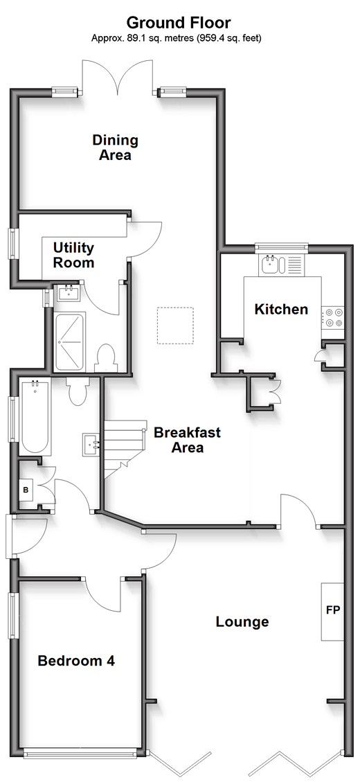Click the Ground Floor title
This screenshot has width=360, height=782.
[x=178, y=22]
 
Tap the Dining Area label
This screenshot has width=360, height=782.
[x=115, y=147]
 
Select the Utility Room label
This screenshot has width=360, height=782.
[x=74, y=255]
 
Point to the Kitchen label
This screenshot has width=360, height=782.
[x=281, y=309]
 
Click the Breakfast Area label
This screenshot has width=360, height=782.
[x=187, y=439]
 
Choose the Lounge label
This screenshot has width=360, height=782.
[x=242, y=622]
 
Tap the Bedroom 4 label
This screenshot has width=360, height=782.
[x=76, y=661]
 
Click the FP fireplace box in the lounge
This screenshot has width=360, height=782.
[x=332, y=612]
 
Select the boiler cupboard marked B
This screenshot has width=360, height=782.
[x=26, y=490]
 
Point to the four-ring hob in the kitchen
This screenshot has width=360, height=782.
[x=332, y=317]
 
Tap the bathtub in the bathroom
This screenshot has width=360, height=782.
[x=35, y=416]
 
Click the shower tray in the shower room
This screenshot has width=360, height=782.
[x=69, y=342]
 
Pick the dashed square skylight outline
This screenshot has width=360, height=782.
[x=175, y=326]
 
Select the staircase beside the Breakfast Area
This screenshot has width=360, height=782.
[x=125, y=450]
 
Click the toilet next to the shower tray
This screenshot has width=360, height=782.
[x=105, y=358]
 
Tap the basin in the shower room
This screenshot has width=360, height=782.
[x=69, y=292]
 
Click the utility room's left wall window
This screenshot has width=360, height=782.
[x=14, y=244]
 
